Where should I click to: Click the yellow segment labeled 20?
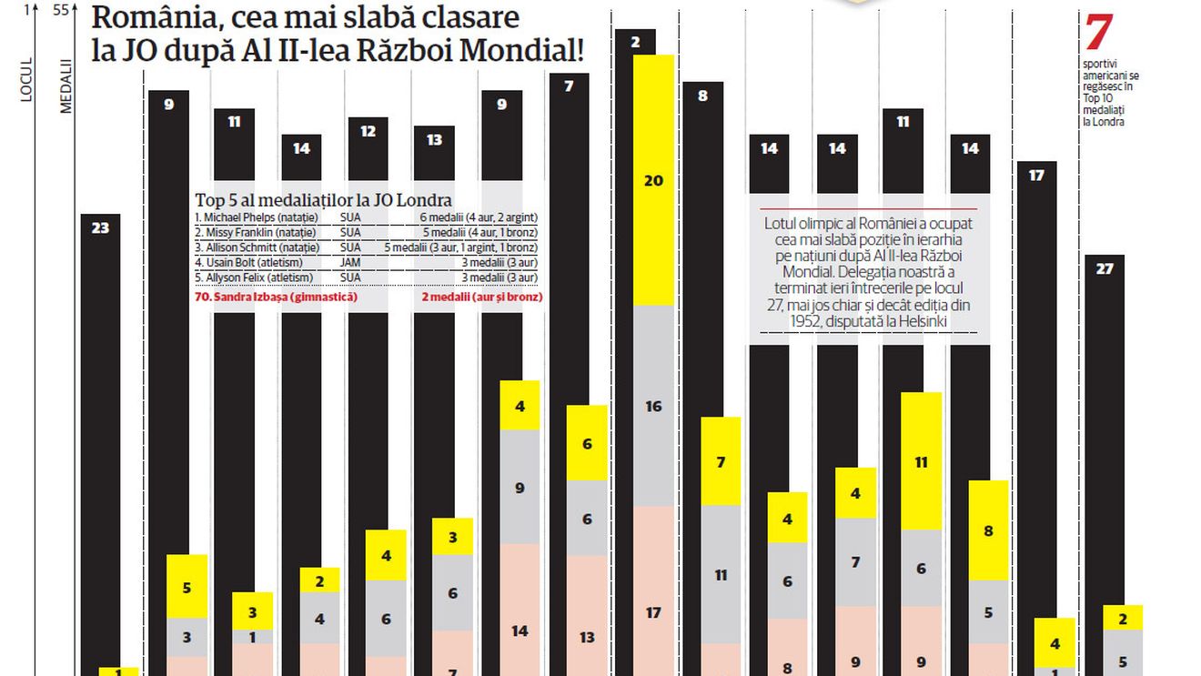[653, 180]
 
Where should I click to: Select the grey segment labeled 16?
[653, 406]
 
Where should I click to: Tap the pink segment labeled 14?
[520, 631]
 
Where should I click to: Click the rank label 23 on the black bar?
[100, 227]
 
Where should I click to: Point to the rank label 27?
[1105, 268]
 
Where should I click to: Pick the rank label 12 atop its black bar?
[368, 131]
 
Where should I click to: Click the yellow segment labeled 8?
[988, 530]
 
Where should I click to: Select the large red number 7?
[1098, 33]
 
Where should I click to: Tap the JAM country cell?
[350, 263]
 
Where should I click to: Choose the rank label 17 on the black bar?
[1036, 175]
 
